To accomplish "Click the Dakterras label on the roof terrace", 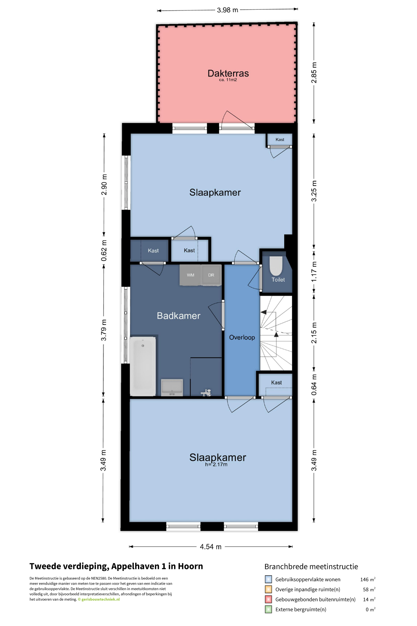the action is click(x=228, y=73).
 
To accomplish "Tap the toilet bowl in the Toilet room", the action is click(x=277, y=266).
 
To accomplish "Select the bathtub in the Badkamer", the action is click(x=143, y=366).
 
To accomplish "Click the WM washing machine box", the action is click(x=190, y=275).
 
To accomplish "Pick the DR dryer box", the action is click(x=211, y=275).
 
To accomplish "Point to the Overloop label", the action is click(x=242, y=337).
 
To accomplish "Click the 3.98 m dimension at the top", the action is click(x=228, y=10).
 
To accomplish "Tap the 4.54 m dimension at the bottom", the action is click(x=211, y=547).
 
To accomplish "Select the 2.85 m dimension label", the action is click(x=314, y=73).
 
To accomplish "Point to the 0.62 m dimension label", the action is click(x=104, y=250).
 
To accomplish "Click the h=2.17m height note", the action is click(x=216, y=465).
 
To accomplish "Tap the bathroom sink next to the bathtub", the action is click(x=172, y=387).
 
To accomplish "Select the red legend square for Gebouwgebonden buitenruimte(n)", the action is click(x=268, y=599).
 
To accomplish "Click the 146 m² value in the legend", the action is click(x=368, y=579).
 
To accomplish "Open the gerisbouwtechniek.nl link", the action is click(x=100, y=599).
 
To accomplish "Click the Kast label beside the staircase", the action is click(x=276, y=383).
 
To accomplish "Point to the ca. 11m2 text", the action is click(x=228, y=80).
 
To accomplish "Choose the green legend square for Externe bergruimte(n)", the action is click(x=268, y=609).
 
